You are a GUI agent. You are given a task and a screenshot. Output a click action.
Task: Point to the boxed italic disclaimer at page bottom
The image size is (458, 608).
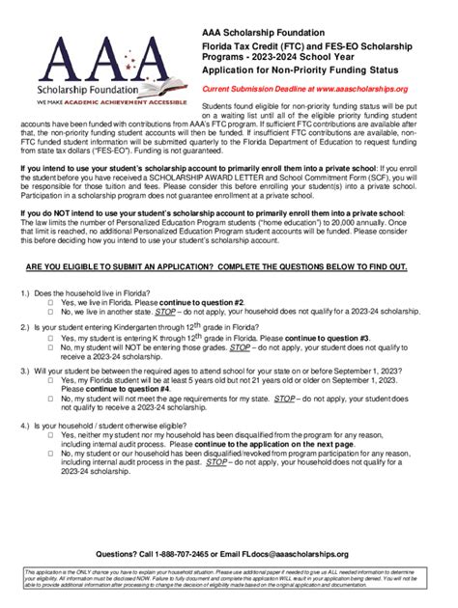[229, 581]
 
